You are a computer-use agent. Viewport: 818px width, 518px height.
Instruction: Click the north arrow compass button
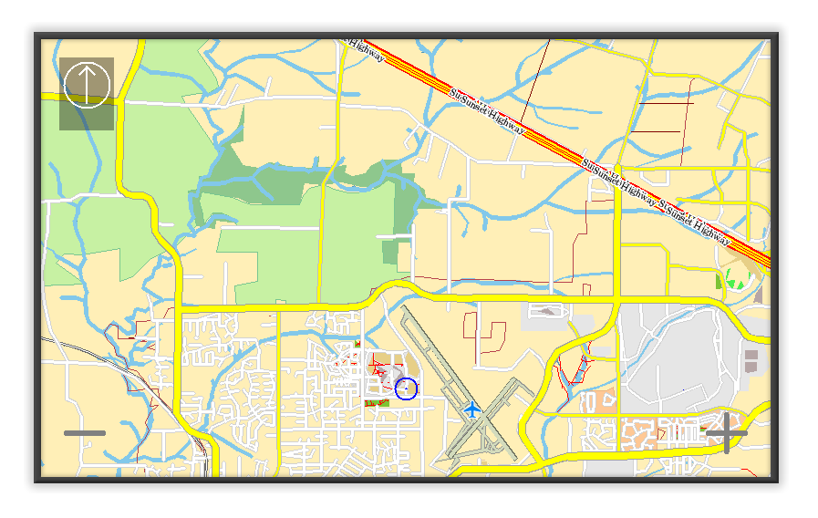click(x=87, y=85)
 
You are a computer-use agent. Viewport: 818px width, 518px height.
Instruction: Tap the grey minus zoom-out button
click(x=85, y=433)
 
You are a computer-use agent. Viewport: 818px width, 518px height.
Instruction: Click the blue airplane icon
click(x=471, y=409)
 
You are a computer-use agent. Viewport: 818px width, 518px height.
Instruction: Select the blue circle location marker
click(x=407, y=389)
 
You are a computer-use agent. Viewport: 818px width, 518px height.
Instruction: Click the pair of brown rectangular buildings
click(x=751, y=359)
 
